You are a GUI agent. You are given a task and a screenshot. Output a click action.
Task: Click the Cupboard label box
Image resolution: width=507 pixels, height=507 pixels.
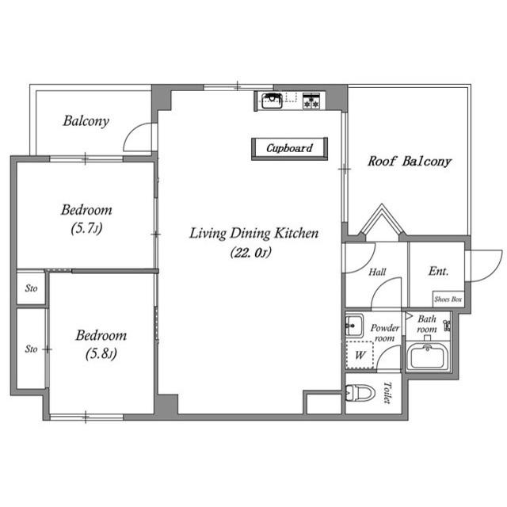tap(289, 148)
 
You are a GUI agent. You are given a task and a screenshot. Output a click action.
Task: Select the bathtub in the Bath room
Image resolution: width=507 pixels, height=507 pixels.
tap(427, 356)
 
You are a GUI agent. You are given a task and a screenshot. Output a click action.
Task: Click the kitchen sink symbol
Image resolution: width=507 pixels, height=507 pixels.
tap(272, 101)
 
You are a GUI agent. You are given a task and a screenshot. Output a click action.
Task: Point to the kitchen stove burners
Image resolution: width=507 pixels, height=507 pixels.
tap(311, 101)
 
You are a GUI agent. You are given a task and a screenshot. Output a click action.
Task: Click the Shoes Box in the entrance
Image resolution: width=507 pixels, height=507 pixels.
tap(448, 299)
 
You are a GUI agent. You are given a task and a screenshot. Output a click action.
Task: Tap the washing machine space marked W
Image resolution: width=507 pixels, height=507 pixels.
tap(360, 355)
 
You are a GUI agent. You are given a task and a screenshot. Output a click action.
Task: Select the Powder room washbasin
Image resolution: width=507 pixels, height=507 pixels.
tap(354, 325)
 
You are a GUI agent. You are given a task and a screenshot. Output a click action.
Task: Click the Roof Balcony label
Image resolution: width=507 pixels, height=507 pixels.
tap(410, 162)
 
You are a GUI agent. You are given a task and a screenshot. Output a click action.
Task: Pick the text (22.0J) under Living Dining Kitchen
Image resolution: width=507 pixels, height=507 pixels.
tap(251, 253)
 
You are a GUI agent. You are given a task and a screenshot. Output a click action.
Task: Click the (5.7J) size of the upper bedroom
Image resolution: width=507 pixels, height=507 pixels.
tap(86, 228)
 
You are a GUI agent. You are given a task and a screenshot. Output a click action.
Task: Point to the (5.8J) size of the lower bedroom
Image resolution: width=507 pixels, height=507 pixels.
tap(101, 354)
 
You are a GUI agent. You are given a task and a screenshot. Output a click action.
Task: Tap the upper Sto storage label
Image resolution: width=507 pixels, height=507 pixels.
tap(32, 288)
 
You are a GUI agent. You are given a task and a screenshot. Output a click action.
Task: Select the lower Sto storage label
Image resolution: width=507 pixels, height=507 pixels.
tap(32, 349)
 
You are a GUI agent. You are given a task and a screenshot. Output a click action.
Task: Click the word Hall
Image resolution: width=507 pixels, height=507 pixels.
tap(377, 272)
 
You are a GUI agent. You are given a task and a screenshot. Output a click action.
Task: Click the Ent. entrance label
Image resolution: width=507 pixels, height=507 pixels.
tap(438, 271)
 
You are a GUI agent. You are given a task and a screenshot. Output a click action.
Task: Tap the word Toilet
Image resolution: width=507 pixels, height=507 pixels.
tap(387, 393)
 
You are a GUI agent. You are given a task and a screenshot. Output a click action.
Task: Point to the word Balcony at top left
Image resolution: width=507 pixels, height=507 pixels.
tap(86, 121)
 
